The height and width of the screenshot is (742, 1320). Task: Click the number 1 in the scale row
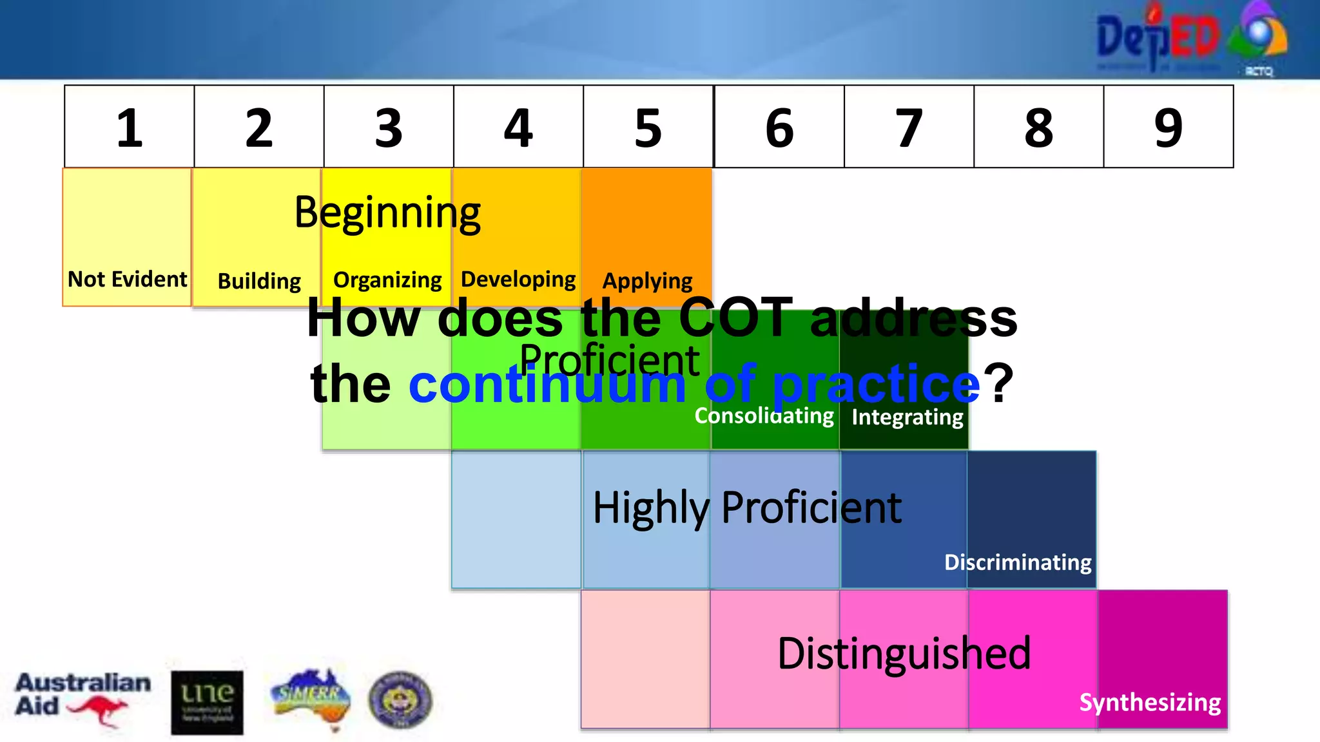point(130,128)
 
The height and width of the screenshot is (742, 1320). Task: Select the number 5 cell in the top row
point(648,128)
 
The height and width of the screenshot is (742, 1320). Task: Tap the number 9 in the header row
point(1168,128)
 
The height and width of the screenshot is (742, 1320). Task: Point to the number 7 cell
point(908,128)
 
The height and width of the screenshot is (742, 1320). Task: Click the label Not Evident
point(127,279)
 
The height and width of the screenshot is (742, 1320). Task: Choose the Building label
point(259,281)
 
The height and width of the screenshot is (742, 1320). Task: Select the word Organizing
point(387,280)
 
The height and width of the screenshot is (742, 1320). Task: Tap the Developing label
point(518,280)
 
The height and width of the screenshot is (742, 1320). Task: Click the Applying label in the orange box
point(647,281)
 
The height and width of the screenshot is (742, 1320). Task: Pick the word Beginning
point(387,213)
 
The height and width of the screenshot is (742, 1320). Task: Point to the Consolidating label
point(764,416)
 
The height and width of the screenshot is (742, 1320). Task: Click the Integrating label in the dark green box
point(907,417)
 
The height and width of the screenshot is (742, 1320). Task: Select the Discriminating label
point(1018,562)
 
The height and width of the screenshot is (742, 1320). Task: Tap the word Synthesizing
point(1150,702)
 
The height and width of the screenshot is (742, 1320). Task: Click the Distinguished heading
point(904,653)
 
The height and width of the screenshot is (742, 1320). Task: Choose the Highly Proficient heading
point(747,508)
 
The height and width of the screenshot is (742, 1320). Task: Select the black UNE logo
point(207,703)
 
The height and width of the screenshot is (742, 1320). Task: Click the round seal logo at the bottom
point(400,700)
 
